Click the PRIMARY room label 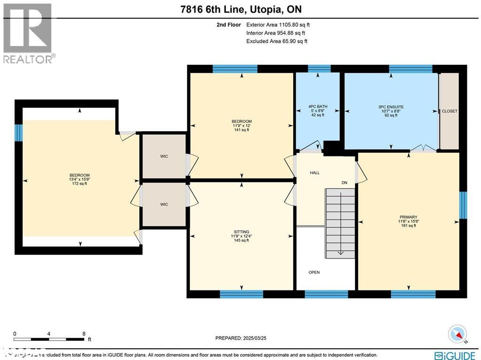click(x=408, y=217)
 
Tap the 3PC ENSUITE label click(x=391, y=107)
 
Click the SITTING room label click(x=241, y=232)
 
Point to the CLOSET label click(x=450, y=111)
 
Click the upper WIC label click(x=164, y=156)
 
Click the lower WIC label click(x=164, y=204)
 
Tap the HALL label click(x=315, y=173)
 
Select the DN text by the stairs click(x=344, y=183)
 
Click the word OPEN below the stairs click(x=314, y=273)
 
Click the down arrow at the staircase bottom click(x=341, y=253)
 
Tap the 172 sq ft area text click(x=79, y=184)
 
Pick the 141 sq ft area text click(x=241, y=130)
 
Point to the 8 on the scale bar click(x=84, y=334)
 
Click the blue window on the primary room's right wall click(x=464, y=205)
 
